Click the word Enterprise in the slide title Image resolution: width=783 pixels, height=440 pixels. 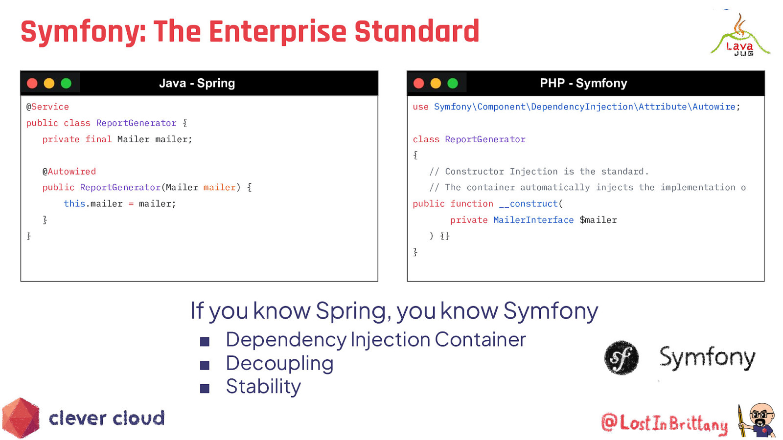(x=277, y=32)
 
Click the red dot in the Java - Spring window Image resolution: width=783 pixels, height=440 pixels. (x=32, y=84)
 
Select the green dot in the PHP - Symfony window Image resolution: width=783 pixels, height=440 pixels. (x=453, y=84)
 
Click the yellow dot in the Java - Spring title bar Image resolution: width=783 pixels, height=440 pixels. (x=49, y=84)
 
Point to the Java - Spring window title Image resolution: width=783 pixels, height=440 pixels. (x=197, y=83)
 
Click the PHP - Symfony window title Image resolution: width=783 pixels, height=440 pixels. (x=583, y=83)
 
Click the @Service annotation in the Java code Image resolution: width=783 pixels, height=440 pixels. (x=47, y=107)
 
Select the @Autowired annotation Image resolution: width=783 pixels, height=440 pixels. (x=69, y=172)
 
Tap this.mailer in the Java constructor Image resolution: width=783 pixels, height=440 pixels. (x=93, y=204)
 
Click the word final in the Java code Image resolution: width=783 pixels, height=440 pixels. (x=98, y=139)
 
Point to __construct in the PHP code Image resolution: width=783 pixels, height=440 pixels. (x=528, y=204)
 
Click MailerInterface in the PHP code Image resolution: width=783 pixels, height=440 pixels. (x=533, y=220)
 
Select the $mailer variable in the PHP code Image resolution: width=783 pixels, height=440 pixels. (x=598, y=220)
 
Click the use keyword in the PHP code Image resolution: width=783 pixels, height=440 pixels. (x=420, y=107)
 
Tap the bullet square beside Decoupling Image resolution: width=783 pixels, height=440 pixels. (x=205, y=365)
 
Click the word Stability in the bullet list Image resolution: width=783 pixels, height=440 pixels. (x=263, y=387)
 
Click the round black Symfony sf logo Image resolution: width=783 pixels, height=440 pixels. (x=622, y=358)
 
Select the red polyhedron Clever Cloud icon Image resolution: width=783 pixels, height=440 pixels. (x=21, y=418)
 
